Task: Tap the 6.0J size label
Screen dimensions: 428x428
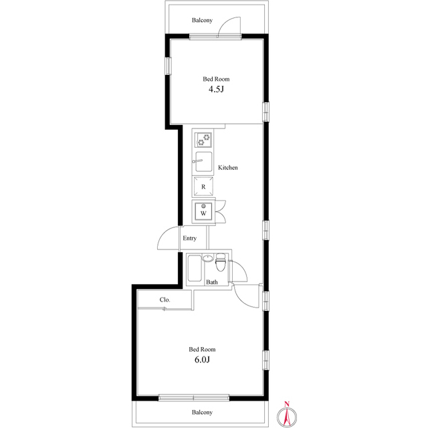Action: [202, 360]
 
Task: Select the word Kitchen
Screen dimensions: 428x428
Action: [227, 168]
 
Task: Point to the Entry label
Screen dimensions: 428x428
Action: [190, 238]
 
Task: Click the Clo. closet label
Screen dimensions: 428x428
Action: [165, 300]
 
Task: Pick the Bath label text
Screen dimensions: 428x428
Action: [211, 282]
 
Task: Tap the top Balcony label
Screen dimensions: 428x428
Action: [202, 20]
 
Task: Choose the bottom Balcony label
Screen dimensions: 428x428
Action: [202, 413]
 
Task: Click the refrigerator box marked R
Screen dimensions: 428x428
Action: [203, 187]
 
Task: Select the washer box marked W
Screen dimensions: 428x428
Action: [203, 213]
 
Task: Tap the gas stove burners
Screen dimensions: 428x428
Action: [203, 140]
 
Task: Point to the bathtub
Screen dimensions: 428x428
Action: [195, 270]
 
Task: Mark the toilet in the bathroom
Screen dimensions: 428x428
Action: [221, 262]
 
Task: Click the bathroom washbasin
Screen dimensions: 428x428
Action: [208, 258]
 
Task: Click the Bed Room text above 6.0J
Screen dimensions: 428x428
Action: [202, 349]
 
